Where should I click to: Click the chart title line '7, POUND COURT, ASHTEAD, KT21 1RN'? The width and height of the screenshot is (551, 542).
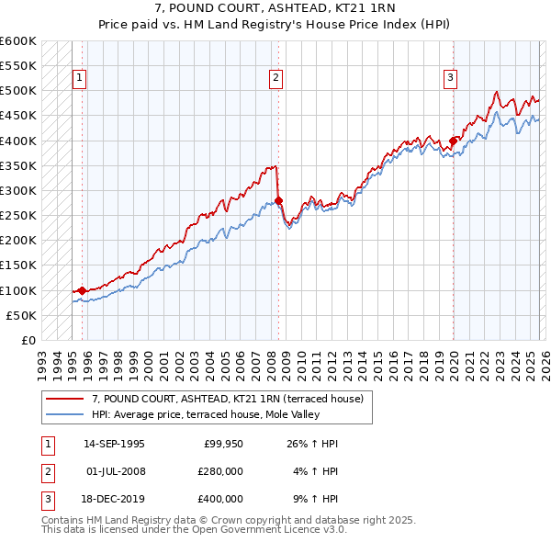pyautogui.click(x=275, y=10)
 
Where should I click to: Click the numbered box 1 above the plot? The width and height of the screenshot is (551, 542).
pyautogui.click(x=80, y=79)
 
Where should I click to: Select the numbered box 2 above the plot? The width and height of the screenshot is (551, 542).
pyautogui.click(x=275, y=79)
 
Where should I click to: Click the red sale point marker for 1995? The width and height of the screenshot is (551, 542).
pyautogui.click(x=83, y=290)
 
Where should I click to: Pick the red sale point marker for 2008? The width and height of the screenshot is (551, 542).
pyautogui.click(x=278, y=200)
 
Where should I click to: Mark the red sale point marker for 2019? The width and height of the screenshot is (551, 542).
pyautogui.click(x=453, y=141)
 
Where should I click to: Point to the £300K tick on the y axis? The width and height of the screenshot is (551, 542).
pyautogui.click(x=18, y=190)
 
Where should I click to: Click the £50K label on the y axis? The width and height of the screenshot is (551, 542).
pyautogui.click(x=21, y=315)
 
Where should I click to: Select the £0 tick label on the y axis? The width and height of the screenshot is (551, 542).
pyautogui.click(x=28, y=340)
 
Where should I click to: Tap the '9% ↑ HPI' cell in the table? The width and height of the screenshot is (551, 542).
pyautogui.click(x=315, y=499)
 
